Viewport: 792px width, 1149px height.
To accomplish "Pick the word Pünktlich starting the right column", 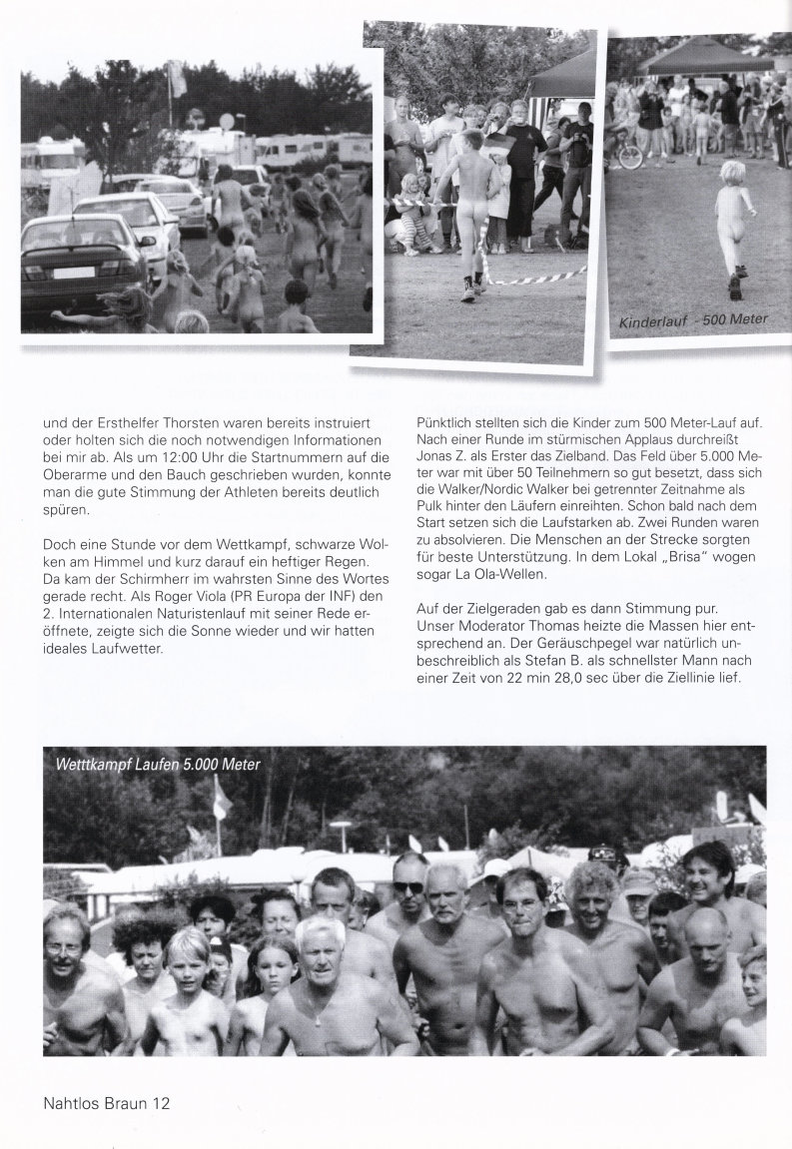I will pos(446,421).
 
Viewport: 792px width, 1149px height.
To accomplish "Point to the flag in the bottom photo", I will pos(222,799).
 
